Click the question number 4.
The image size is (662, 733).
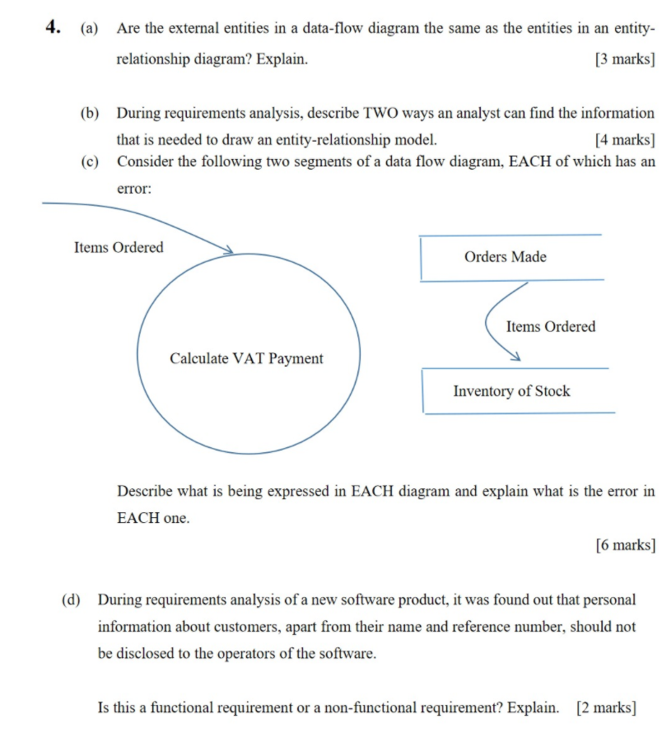(x=54, y=27)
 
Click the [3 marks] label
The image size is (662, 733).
(x=624, y=59)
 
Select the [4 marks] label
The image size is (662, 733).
(x=624, y=139)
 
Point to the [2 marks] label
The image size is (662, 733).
(x=606, y=707)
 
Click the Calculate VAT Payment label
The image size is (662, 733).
(x=246, y=358)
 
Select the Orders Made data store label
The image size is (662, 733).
(x=505, y=257)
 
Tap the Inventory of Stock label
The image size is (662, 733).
(x=510, y=391)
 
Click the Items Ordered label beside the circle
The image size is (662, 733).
(x=119, y=247)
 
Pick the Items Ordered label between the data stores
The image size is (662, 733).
(x=550, y=327)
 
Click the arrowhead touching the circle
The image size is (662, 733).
(x=227, y=250)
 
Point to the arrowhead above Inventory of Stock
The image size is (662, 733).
(x=515, y=357)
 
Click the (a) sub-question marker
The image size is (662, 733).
(x=89, y=29)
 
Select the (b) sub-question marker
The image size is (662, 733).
(x=89, y=113)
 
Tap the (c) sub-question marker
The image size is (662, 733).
(x=89, y=161)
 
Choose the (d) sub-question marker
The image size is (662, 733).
(x=71, y=600)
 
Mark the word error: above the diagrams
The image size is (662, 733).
(x=134, y=189)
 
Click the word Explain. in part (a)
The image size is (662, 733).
(x=284, y=59)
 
